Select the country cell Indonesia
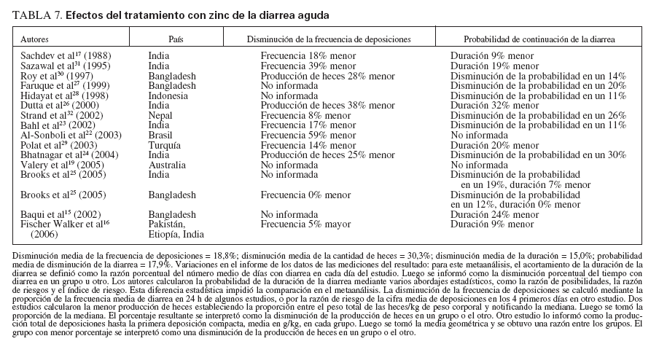click(x=168, y=95)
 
